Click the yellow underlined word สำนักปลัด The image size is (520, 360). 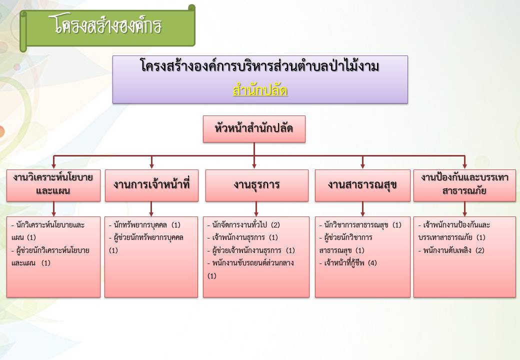point(260,90)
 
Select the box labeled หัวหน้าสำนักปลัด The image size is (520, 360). point(254,129)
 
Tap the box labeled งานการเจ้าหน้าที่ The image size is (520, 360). point(151,185)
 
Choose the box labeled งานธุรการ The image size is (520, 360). point(256,185)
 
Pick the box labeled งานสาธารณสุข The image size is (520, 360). point(362,185)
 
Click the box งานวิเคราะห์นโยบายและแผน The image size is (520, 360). point(53,185)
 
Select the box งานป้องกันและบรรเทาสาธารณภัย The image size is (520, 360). point(464,185)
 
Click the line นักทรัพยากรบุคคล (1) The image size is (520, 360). point(144,225)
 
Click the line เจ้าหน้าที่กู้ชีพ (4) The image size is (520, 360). point(348,263)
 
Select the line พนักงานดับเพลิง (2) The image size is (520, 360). point(451,250)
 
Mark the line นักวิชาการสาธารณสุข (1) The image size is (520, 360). point(360,225)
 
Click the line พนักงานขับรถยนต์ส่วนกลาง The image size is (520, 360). point(250,263)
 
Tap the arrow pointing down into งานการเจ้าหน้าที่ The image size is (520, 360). point(151,162)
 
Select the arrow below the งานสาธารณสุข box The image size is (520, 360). point(362,209)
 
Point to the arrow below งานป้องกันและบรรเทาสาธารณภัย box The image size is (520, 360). point(464,209)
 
